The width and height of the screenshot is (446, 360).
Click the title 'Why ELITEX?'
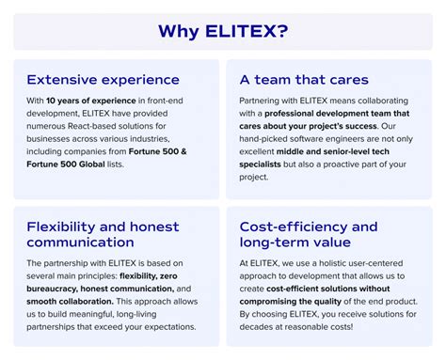(x=222, y=32)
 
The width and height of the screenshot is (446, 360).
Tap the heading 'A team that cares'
(x=304, y=80)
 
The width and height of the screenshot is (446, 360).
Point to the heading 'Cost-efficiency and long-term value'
(x=308, y=234)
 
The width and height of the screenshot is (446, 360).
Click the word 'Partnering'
(x=265, y=101)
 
